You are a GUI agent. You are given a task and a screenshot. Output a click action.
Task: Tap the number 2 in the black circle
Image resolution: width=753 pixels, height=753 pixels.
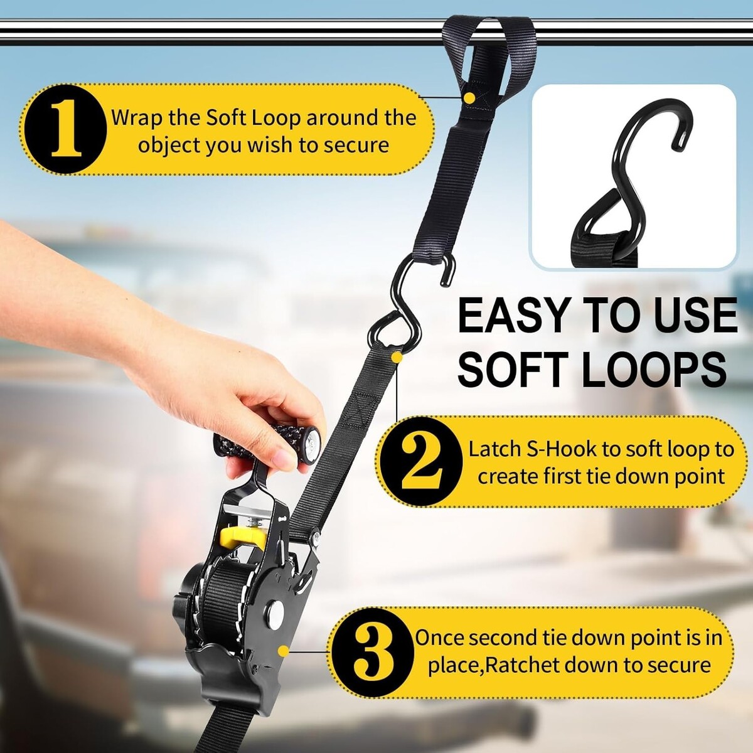coord(422,461)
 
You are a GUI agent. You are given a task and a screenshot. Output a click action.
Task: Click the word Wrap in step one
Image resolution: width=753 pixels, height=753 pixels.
coord(136,118)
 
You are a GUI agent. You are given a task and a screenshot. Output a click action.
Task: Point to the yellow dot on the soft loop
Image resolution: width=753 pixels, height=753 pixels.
coord(469,97)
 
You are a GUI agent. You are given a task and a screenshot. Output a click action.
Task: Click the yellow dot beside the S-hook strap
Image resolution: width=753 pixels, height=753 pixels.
coord(397,357)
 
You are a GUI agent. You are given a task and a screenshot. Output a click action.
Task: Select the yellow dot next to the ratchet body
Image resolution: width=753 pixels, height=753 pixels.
coord(284,651)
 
